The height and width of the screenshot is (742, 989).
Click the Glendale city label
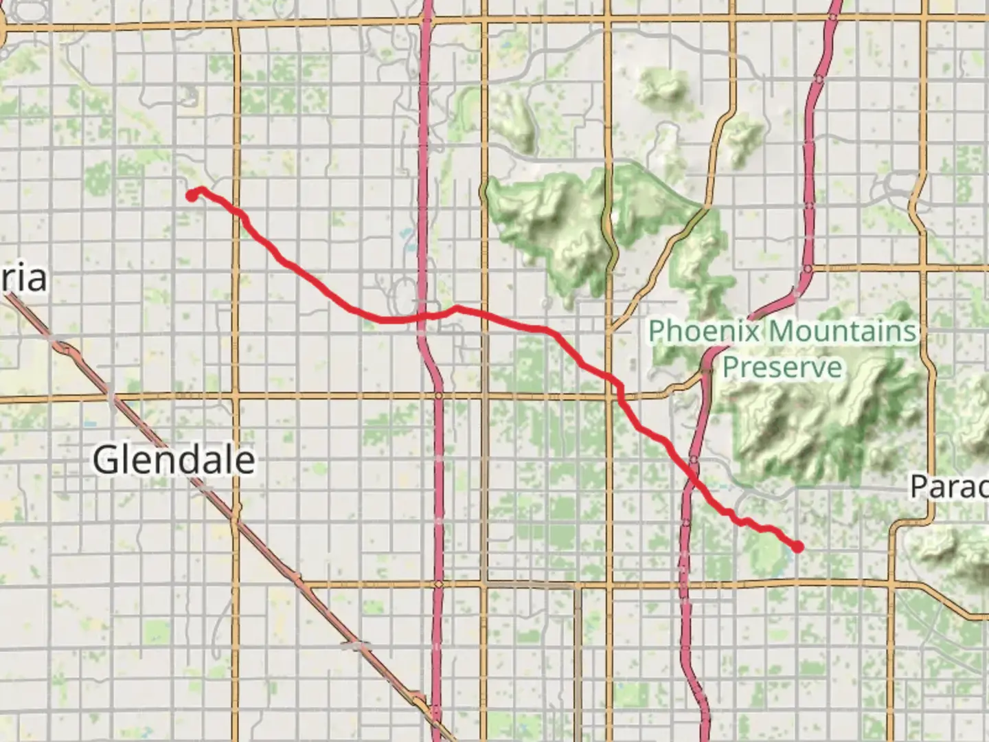pos(174,460)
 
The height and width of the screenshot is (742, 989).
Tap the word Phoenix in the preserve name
pos(704,331)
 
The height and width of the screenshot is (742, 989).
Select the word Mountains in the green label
pos(842,331)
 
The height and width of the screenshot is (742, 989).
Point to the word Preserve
pos(782,366)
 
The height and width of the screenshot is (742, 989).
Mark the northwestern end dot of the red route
pos(192,196)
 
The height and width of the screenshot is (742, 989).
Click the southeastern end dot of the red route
pos(798,547)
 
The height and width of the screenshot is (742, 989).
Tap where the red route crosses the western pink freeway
pos(423,316)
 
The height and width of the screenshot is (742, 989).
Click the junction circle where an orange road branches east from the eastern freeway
pos(808,269)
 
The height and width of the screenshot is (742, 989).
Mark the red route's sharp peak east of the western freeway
pos(455,308)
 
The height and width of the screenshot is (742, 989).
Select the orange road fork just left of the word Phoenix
pos(611,331)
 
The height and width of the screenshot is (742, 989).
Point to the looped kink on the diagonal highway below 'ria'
pos(67,350)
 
